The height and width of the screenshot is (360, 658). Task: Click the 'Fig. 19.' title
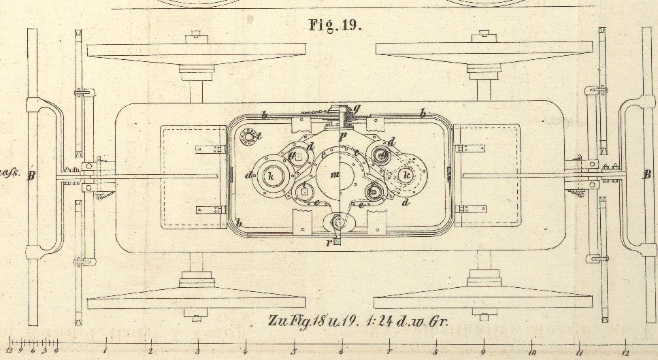[335, 25]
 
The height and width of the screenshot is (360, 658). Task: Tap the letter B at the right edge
[647, 174]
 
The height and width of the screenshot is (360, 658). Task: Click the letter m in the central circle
[334, 176]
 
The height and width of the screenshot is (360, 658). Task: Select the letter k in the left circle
[272, 176]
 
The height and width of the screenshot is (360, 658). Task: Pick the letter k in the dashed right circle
[406, 175]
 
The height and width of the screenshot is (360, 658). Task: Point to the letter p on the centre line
[343, 136]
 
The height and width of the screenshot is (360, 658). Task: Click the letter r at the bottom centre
[329, 242]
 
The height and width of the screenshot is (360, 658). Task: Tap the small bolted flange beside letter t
[250, 137]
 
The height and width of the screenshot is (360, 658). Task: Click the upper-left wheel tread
[195, 50]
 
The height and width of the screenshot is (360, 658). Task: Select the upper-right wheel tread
[483, 50]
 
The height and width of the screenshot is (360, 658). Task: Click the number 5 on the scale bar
[294, 352]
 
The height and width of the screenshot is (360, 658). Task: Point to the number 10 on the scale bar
[531, 353]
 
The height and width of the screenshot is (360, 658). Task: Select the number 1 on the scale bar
[106, 352]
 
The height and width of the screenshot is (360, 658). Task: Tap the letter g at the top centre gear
[356, 108]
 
